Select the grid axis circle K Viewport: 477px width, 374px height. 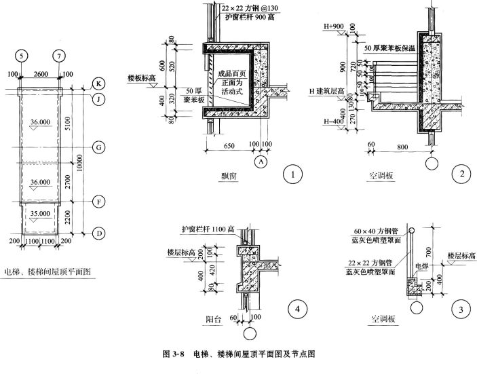pos(99,86)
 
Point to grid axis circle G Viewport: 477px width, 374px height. pos(99,147)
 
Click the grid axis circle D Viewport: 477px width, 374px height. pos(99,233)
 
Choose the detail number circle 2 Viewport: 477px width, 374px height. pos(461,175)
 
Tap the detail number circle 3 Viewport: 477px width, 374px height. pos(461,311)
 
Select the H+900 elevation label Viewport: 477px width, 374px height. pos(334,26)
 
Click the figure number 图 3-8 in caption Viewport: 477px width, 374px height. pos(175,354)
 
